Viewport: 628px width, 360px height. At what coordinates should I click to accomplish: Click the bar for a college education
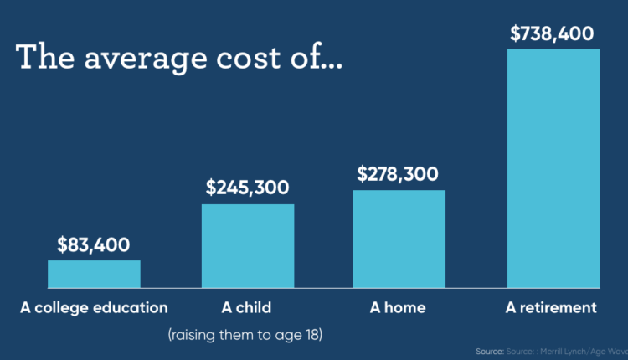tap(94, 274)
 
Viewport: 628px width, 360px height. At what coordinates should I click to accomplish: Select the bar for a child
tap(248, 246)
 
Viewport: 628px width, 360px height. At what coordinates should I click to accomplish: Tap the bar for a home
tap(399, 239)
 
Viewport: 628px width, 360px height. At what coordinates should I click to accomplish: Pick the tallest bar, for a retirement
tap(553, 167)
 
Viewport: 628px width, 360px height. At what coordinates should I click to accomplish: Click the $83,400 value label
tap(94, 245)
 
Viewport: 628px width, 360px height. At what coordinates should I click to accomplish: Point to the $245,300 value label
tap(248, 188)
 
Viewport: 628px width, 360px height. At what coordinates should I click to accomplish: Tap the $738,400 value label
tap(553, 33)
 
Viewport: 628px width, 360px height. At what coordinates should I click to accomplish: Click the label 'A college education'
tap(94, 307)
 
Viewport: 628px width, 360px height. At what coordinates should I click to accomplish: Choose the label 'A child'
tap(247, 307)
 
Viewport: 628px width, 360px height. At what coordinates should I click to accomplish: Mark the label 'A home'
tap(398, 307)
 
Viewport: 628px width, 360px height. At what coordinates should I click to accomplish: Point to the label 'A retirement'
tap(553, 307)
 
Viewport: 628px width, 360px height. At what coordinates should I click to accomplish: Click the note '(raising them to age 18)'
tap(245, 335)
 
